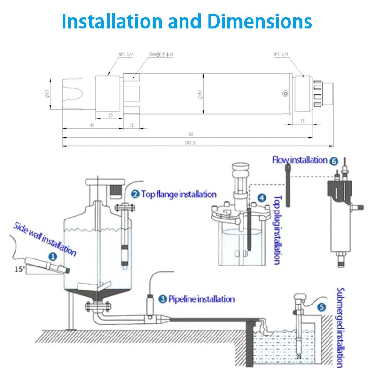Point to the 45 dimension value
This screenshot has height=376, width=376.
[x=92, y=125]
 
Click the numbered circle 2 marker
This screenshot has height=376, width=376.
[x=134, y=194]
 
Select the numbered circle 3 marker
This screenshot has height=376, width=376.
[x=162, y=298]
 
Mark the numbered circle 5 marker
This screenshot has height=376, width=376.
[x=321, y=308]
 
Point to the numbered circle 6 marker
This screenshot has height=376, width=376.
[x=334, y=161]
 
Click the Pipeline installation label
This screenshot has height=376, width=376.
[x=201, y=298]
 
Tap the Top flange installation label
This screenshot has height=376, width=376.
[x=178, y=194]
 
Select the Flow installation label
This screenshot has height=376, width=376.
[x=300, y=160]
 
